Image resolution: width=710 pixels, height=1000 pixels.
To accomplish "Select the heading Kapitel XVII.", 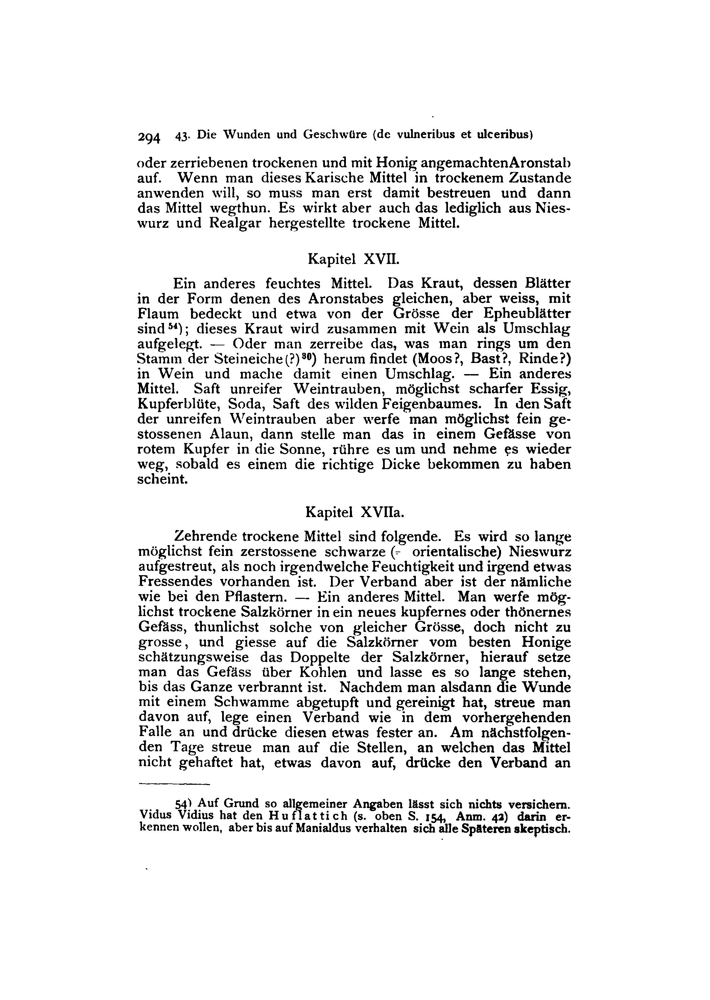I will pyautogui.click(x=353, y=259).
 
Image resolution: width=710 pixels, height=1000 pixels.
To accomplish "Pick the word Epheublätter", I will pyautogui.click(x=527, y=314).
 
